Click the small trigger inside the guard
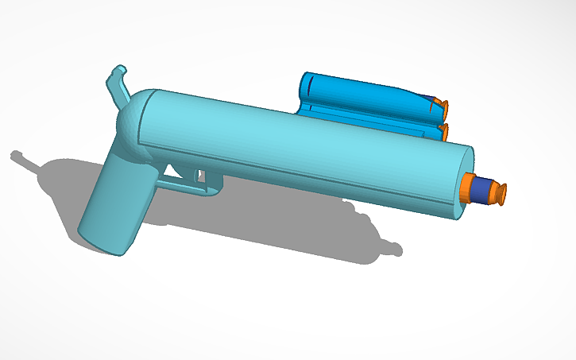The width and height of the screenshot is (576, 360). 201,176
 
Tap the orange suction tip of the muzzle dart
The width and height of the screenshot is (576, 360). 500,193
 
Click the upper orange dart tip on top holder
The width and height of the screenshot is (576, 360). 444,104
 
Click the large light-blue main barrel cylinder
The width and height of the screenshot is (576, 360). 302,143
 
